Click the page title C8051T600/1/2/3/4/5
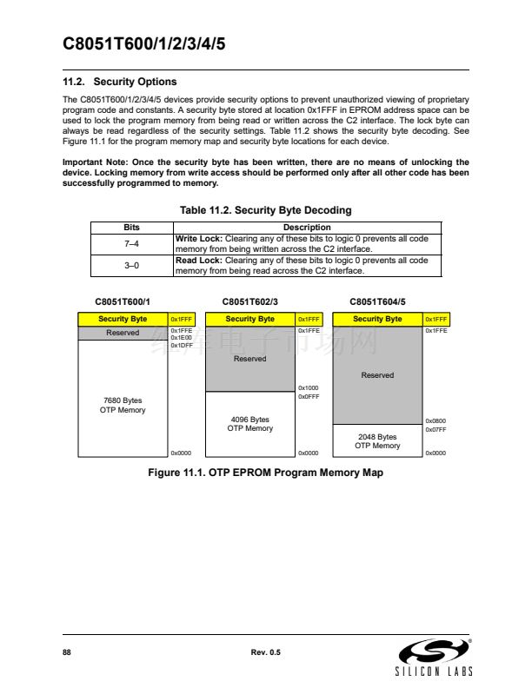tap(144, 45)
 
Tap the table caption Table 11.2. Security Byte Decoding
tap(265, 210)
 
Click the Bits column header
tap(132, 228)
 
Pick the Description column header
tap(307, 228)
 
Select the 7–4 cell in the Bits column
tap(132, 243)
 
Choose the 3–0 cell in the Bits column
tap(132, 265)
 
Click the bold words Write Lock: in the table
tap(199, 238)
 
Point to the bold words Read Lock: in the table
tap(199, 260)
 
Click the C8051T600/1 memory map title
tap(122, 301)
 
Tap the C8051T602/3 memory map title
tap(249, 301)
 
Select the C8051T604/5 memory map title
tap(377, 301)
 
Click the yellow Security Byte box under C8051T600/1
tap(122, 320)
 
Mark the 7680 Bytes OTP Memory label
tap(122, 405)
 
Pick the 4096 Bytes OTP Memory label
tap(249, 424)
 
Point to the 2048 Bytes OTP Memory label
tap(377, 441)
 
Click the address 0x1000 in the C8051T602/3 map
tap(309, 388)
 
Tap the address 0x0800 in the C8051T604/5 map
tap(436, 420)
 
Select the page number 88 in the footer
tap(67, 652)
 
